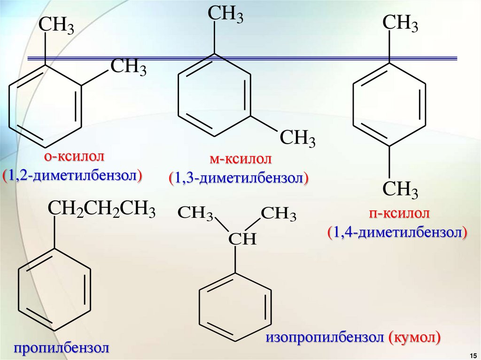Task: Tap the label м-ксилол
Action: (240, 159)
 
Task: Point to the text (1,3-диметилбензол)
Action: (239, 178)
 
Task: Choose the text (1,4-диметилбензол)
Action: (397, 232)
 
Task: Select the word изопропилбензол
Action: (326, 337)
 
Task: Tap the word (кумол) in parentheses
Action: (415, 337)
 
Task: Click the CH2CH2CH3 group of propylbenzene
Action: (101, 208)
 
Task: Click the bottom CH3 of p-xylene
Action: (400, 190)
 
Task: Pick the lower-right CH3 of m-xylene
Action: (298, 139)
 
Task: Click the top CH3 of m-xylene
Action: (226, 14)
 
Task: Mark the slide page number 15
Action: (473, 353)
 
